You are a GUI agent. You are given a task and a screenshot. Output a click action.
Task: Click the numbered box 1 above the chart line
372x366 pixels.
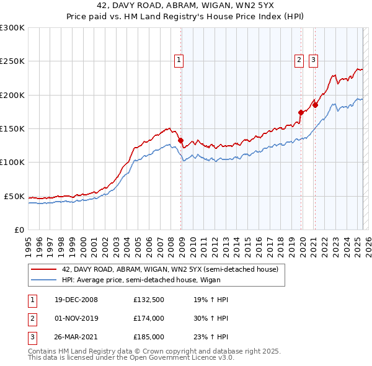tap(178, 60)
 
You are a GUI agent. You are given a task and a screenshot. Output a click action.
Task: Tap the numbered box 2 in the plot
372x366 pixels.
tap(299, 60)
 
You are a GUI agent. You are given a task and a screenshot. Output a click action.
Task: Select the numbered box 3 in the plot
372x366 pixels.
tap(313, 60)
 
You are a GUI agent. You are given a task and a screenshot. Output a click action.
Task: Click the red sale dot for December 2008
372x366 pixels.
tap(181, 141)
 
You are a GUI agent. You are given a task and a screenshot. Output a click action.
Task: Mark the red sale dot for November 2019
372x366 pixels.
tap(301, 113)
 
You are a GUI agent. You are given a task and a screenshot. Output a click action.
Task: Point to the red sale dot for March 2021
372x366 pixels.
tap(315, 105)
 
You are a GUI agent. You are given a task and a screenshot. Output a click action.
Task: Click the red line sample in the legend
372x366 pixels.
tap(43, 269)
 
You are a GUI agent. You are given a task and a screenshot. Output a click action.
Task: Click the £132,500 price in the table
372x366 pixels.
tap(149, 300)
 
